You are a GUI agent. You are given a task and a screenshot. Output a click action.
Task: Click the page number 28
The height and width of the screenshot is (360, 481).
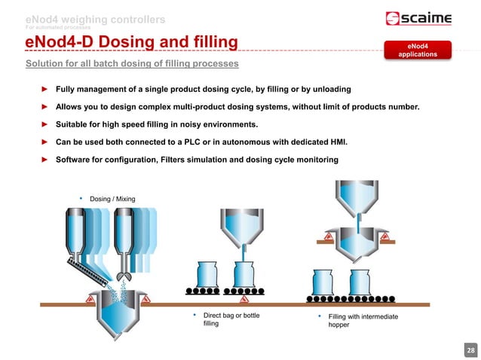coord(471,351)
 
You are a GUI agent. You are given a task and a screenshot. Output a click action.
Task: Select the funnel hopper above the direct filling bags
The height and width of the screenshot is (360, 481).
coord(243,225)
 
